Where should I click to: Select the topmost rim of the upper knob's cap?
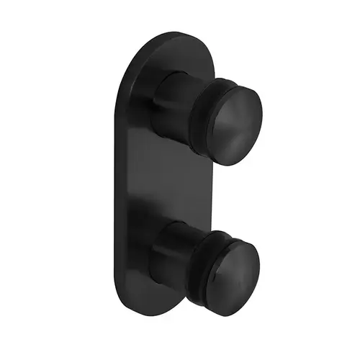pyautogui.click(x=238, y=86)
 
